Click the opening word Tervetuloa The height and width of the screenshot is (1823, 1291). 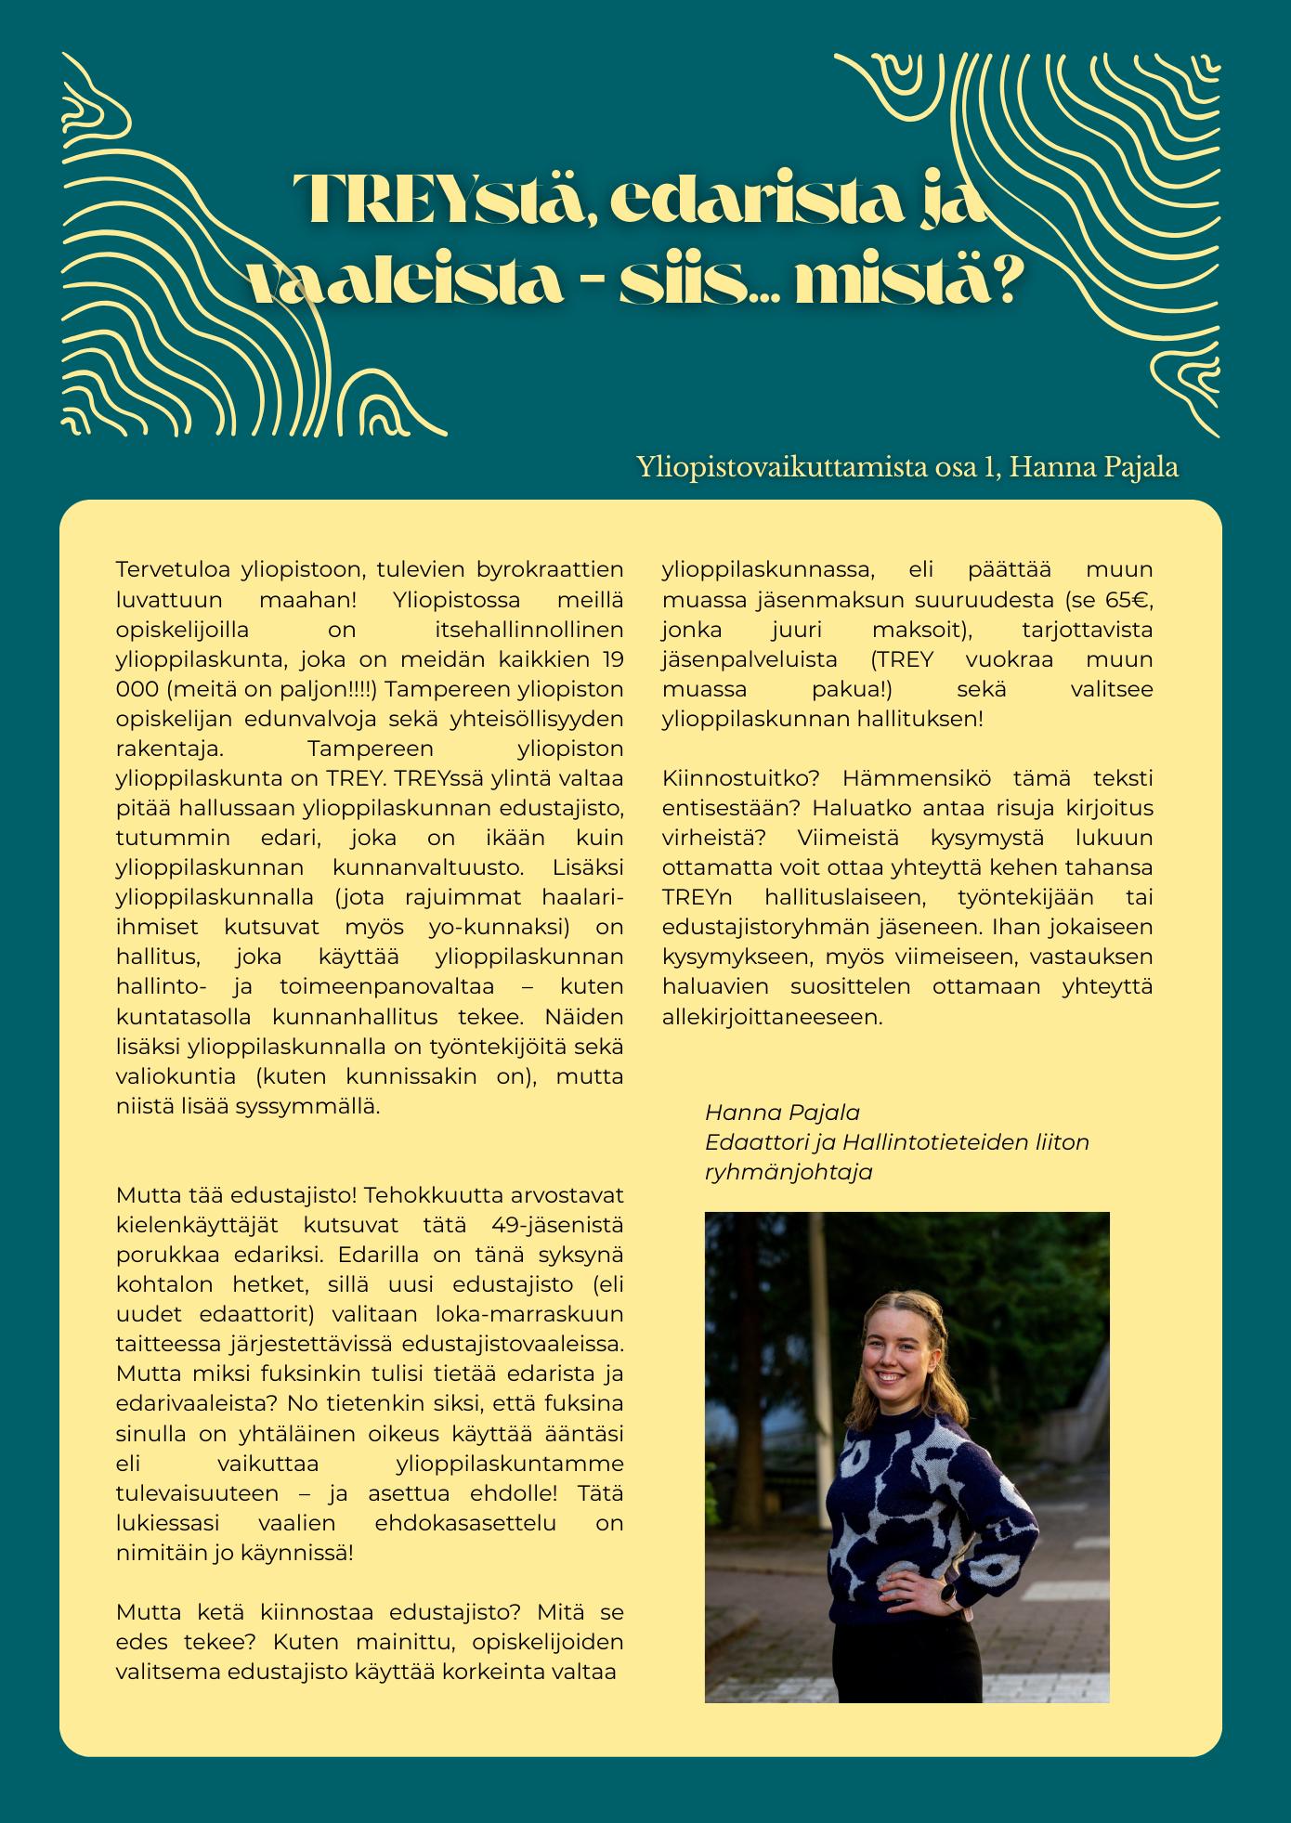pyautogui.click(x=172, y=568)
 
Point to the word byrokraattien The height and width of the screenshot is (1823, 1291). pyautogui.click(x=549, y=568)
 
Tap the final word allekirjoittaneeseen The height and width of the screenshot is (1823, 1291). pyautogui.click(x=772, y=1016)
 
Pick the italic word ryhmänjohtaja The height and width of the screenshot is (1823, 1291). pyautogui.click(x=789, y=1171)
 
